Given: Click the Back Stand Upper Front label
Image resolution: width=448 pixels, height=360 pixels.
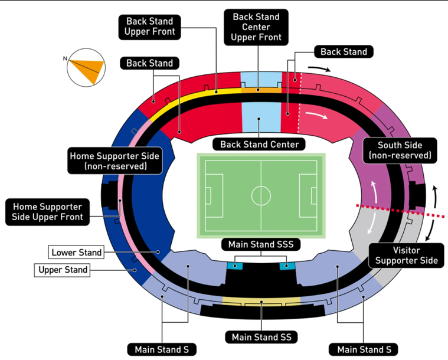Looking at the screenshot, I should [x=150, y=27].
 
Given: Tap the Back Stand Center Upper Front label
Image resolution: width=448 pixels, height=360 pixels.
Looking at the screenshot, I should [x=257, y=27].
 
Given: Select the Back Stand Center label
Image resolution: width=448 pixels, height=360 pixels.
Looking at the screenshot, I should [x=260, y=144].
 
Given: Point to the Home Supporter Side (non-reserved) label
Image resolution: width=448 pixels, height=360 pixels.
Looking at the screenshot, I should [x=115, y=161].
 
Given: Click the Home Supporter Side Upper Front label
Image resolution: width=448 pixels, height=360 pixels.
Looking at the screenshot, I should [x=48, y=212].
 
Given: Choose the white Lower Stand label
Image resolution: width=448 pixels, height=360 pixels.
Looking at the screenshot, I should [x=76, y=253].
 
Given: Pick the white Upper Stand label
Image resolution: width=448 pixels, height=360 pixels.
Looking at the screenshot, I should [x=63, y=270].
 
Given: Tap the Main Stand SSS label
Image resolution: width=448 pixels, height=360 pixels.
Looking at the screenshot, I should [x=261, y=244].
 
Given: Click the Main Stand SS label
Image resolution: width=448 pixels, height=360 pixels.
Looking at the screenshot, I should [x=261, y=337].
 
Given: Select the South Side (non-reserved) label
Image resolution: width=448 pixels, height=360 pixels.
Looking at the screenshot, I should [x=400, y=151].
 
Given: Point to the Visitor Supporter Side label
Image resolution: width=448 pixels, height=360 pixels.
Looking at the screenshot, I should [x=407, y=255].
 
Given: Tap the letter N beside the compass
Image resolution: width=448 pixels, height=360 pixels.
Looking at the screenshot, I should [x=66, y=58].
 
